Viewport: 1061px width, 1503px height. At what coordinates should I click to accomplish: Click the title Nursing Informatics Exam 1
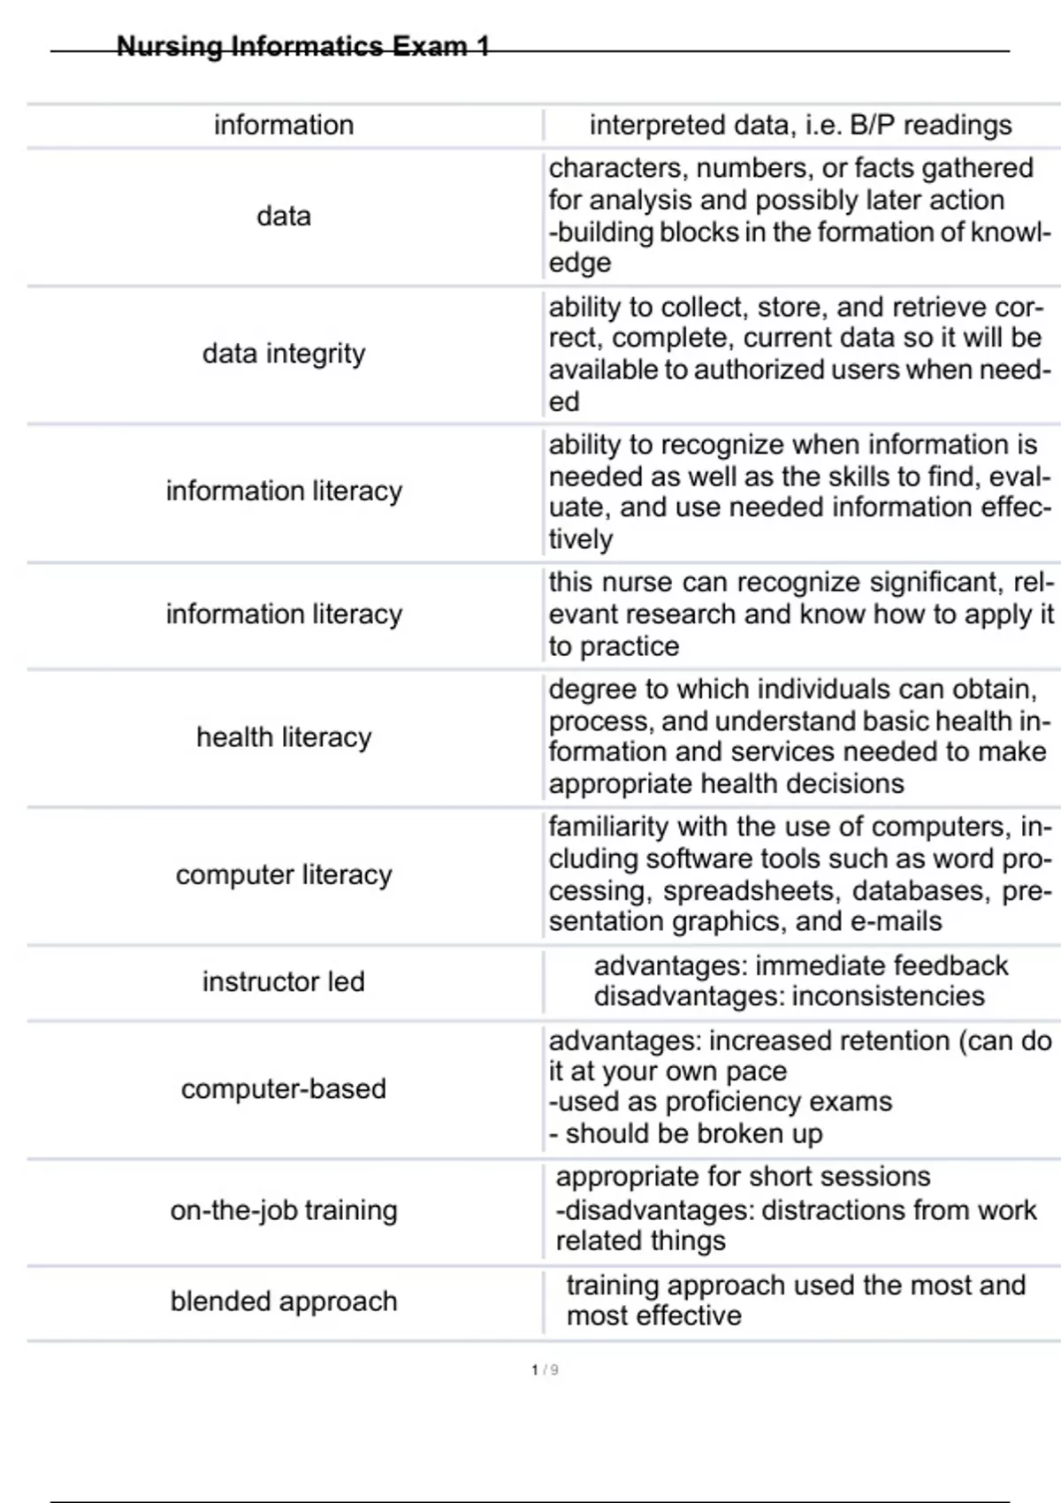point(302,46)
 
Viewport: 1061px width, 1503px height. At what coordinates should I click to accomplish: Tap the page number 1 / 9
point(545,1369)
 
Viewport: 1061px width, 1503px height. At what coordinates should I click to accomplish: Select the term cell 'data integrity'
point(284,354)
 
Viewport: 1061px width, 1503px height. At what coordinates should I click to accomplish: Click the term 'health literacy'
point(284,737)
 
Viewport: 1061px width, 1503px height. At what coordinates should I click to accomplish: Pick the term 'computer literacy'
point(284,874)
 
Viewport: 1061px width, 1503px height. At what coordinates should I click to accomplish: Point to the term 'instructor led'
point(284,981)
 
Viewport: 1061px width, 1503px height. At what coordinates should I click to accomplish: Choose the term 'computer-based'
point(284,1088)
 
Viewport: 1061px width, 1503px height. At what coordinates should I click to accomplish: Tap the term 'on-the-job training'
point(284,1210)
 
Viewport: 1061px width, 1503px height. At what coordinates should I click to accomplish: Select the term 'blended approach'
point(284,1301)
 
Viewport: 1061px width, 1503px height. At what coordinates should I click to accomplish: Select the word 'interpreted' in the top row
point(645,126)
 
